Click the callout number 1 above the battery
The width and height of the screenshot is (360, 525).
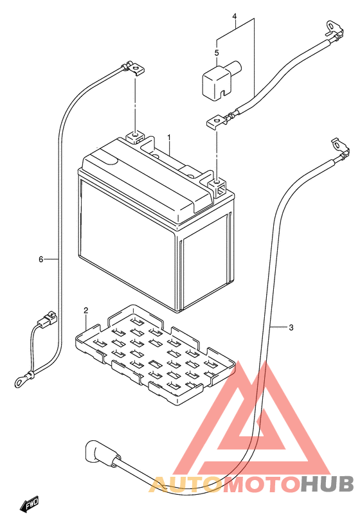(x=169, y=138)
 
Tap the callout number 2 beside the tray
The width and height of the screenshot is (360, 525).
(x=85, y=310)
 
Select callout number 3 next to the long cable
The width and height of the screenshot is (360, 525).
(x=291, y=327)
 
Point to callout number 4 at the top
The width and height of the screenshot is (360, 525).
(x=235, y=16)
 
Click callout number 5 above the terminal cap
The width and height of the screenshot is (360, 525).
(x=217, y=53)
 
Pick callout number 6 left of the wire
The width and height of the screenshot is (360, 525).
(x=41, y=259)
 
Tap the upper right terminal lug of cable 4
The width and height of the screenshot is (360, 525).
(x=334, y=30)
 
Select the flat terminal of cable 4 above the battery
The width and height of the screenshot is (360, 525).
(x=215, y=122)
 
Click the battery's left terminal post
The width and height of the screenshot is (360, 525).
(x=135, y=137)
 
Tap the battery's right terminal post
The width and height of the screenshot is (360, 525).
(x=217, y=186)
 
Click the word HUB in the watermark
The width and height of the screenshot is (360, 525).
(x=327, y=484)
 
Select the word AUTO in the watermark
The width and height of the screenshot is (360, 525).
(x=185, y=485)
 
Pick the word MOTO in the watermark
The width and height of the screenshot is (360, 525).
(x=260, y=484)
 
